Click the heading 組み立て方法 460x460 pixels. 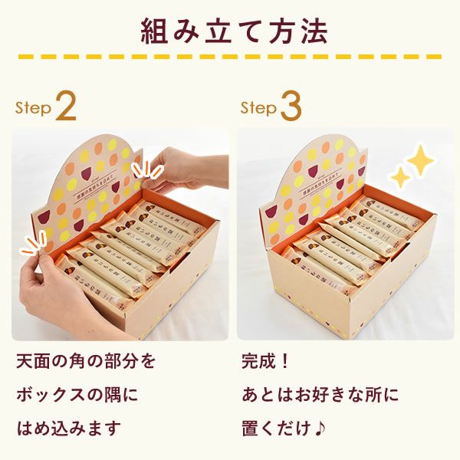coord(230,31)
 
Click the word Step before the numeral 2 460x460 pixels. coord(34,109)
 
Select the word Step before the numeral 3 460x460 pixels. coord(258,109)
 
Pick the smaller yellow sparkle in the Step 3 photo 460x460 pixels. coord(400,178)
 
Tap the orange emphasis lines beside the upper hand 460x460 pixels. coord(143,168)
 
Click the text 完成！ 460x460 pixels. coord(264,360)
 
